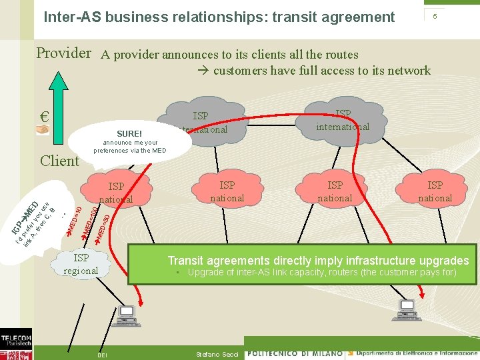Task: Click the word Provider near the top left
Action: point(63,53)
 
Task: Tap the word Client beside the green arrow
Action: point(59,161)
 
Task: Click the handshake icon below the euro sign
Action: point(43,131)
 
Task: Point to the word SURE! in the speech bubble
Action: point(129,133)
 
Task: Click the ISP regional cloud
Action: point(81,264)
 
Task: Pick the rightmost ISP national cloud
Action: point(435,191)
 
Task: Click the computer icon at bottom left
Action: point(126,315)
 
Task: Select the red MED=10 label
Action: point(75,221)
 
